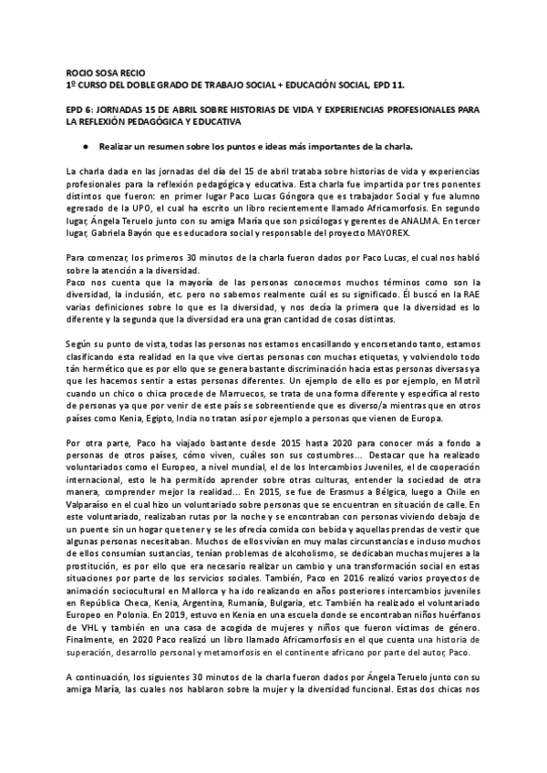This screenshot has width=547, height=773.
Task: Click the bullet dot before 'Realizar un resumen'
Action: tap(84, 146)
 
